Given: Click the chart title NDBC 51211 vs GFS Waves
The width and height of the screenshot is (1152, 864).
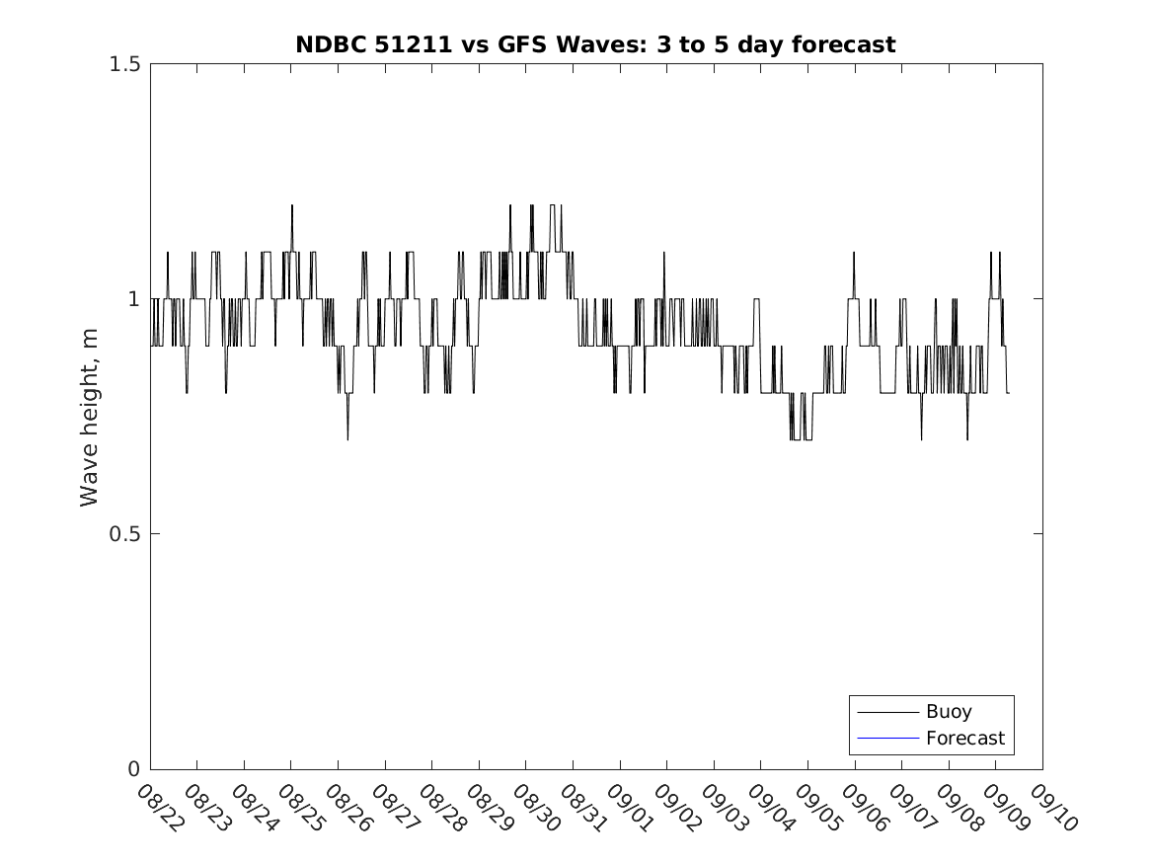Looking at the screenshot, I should coord(595,44).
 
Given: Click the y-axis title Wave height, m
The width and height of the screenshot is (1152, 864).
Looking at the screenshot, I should coord(90,417).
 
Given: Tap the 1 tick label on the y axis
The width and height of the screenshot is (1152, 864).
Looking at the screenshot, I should coord(133,299).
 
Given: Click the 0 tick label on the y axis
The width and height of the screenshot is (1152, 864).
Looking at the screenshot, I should coord(133,769).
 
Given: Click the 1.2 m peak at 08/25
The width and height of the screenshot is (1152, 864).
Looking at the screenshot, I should coord(292,205).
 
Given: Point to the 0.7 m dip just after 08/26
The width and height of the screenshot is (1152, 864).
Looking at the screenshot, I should coord(347,438).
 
